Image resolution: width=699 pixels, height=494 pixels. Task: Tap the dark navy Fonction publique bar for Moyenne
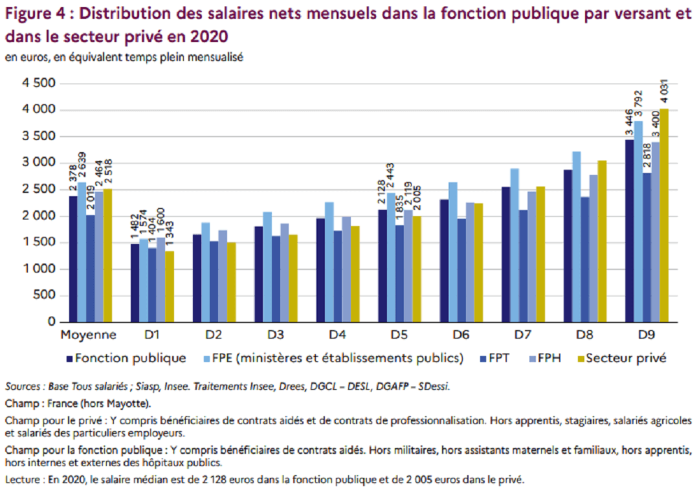[x=73, y=259]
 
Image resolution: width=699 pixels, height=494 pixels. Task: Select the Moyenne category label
[x=89, y=335]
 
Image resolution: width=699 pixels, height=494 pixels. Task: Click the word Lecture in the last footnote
[x=21, y=480]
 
